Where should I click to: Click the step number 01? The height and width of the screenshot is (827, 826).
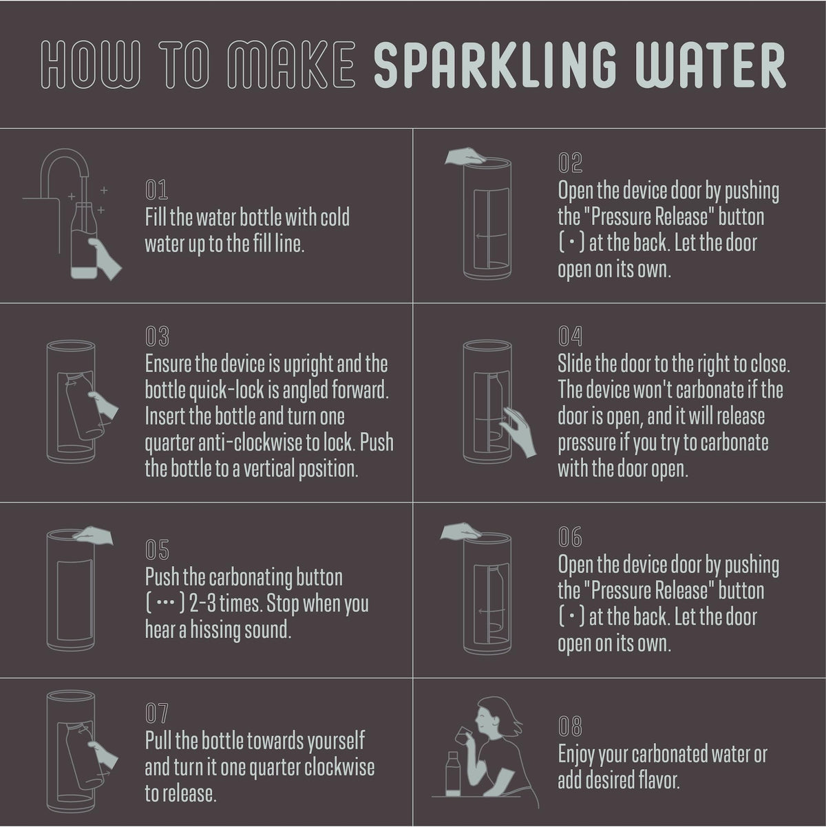(156, 190)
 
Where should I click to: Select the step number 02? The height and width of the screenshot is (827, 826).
(570, 163)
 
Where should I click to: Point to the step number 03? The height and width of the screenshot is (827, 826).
(157, 336)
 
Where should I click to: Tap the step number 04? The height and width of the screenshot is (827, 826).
(570, 336)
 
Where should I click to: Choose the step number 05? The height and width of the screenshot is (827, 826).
(157, 550)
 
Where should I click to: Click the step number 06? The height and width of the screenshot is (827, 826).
(570, 537)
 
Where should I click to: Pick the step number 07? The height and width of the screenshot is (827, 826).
(157, 713)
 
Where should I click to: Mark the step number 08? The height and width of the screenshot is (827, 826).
(570, 727)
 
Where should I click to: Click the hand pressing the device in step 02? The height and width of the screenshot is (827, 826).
(465, 156)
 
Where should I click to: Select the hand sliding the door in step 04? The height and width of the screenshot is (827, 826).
(519, 432)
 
